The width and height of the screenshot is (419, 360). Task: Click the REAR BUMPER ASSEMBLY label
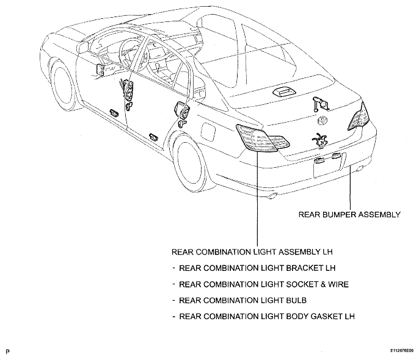click(x=349, y=215)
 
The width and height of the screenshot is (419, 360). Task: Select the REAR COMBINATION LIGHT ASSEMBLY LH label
click(x=252, y=252)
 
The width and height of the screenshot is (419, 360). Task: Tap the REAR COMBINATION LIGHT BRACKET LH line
click(x=257, y=268)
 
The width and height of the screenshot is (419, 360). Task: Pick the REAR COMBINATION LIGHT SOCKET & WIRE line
click(x=264, y=284)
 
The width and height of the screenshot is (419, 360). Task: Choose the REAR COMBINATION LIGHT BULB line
click(x=242, y=300)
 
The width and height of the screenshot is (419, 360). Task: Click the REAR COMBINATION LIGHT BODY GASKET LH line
click(x=267, y=316)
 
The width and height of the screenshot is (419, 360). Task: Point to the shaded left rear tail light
click(x=262, y=138)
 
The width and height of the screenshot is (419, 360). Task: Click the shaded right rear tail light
click(x=359, y=117)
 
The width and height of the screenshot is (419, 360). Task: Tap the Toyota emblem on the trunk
click(x=322, y=121)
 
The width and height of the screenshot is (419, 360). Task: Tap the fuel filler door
click(x=208, y=131)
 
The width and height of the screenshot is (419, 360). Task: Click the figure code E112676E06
click(x=402, y=350)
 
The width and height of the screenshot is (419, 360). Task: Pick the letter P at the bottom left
click(x=7, y=351)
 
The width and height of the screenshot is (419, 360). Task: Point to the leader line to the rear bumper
click(x=350, y=187)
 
